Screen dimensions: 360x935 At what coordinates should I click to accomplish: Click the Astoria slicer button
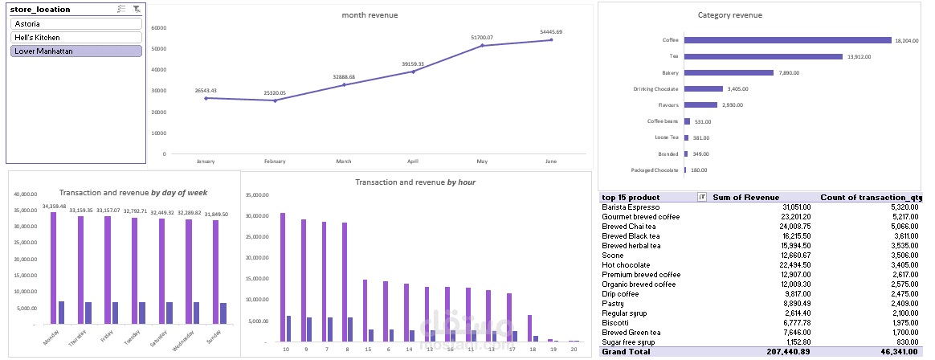[77, 24]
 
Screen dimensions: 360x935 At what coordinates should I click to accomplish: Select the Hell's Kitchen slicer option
[77, 38]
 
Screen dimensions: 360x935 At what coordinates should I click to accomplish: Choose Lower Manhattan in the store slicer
[77, 51]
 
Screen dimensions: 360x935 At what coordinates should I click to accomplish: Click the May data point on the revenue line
[482, 45]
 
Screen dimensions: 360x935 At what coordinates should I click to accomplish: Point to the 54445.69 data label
[551, 32]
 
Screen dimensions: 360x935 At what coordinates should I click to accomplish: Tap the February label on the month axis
[275, 162]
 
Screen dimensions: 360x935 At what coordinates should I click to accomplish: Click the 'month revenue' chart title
[370, 15]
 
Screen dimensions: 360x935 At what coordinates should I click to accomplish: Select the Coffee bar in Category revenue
[786, 40]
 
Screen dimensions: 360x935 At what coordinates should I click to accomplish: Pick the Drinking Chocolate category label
[655, 89]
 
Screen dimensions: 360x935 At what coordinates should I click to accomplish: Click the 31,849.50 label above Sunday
[214, 215]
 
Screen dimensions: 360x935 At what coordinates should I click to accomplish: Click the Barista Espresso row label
[631, 207]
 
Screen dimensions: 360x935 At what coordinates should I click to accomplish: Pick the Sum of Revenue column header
[745, 198]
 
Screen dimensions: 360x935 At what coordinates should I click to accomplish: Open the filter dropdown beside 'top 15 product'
[702, 198]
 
